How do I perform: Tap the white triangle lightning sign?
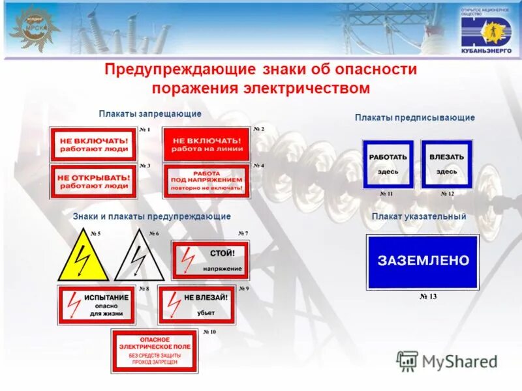coord(139,258)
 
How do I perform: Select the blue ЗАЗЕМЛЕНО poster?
coord(423,261)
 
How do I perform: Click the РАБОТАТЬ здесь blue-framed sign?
coord(388,164)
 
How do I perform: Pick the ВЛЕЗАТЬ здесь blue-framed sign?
coord(446,164)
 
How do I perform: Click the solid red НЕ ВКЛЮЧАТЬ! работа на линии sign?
coord(206,144)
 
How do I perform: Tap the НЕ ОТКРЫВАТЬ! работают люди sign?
coord(93,181)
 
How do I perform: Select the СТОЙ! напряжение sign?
coord(210,259)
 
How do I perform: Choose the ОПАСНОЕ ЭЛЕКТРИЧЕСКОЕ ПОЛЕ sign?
coord(154,351)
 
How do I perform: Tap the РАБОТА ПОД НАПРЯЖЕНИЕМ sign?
coord(206,181)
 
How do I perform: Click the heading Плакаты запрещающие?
coord(150,114)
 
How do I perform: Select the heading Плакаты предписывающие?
coord(414,117)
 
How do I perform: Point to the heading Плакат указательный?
coord(418,216)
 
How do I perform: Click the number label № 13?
coord(427,297)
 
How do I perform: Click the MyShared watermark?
coord(447,360)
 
